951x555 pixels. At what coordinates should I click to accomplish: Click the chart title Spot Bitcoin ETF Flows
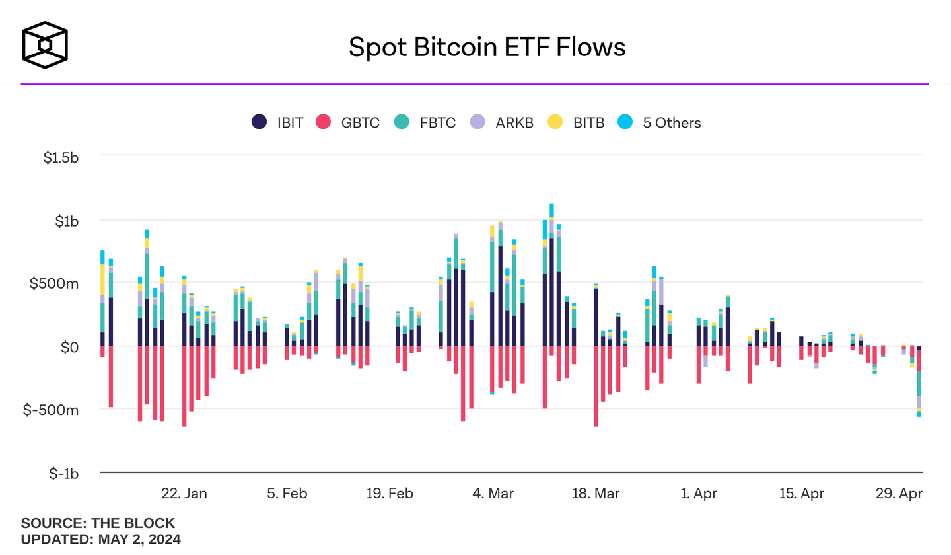[x=487, y=47]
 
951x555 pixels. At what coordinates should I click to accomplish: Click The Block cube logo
[x=45, y=46]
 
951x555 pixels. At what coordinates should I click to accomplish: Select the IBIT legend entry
[x=277, y=122]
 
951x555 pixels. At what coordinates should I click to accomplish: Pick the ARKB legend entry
[x=501, y=122]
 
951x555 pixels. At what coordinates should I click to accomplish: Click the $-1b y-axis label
[x=63, y=474]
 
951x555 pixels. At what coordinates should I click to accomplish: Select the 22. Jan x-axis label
[x=184, y=494]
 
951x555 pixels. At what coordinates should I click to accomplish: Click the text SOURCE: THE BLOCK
[x=98, y=523]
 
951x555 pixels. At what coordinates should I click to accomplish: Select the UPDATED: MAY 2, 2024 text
[x=101, y=539]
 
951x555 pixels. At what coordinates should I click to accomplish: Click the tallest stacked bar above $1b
[x=551, y=277]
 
